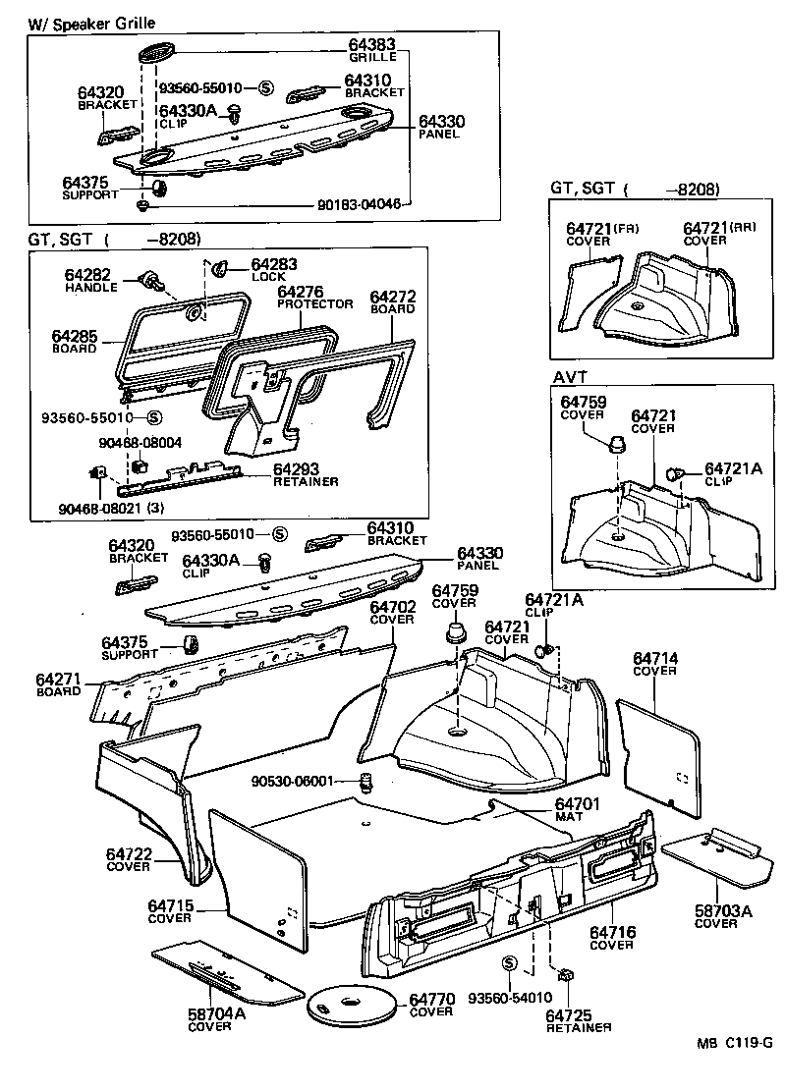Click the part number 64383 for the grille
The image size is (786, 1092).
click(372, 45)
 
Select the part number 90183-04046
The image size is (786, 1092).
click(359, 204)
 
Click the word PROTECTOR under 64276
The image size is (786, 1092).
click(314, 304)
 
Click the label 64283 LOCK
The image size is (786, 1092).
click(273, 270)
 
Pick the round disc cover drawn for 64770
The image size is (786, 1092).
click(353, 1005)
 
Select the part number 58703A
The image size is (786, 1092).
click(722, 912)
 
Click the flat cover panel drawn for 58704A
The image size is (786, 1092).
click(226, 973)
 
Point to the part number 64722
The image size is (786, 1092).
click(129, 853)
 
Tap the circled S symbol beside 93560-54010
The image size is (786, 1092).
click(509, 962)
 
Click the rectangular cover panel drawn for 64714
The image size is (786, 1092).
click(659, 750)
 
